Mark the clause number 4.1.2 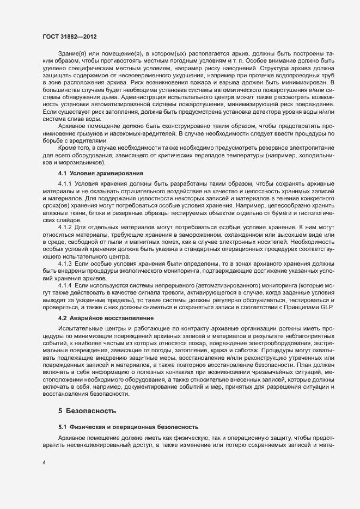click(x=65, y=242)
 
